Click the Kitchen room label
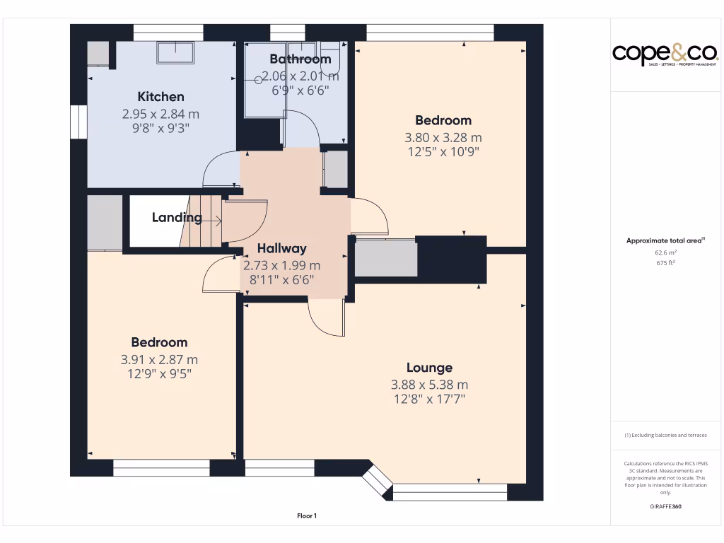click(160, 97)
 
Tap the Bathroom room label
click(300, 59)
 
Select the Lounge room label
click(429, 368)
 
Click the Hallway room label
click(281, 248)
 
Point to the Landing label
click(176, 218)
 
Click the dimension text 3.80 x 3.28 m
click(443, 138)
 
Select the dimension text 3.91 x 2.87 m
click(160, 360)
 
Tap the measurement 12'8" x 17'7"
click(429, 399)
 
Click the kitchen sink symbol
click(175, 52)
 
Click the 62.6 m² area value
click(665, 252)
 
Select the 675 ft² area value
click(665, 263)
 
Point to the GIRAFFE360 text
click(665, 506)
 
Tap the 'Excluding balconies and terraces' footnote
click(665, 436)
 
